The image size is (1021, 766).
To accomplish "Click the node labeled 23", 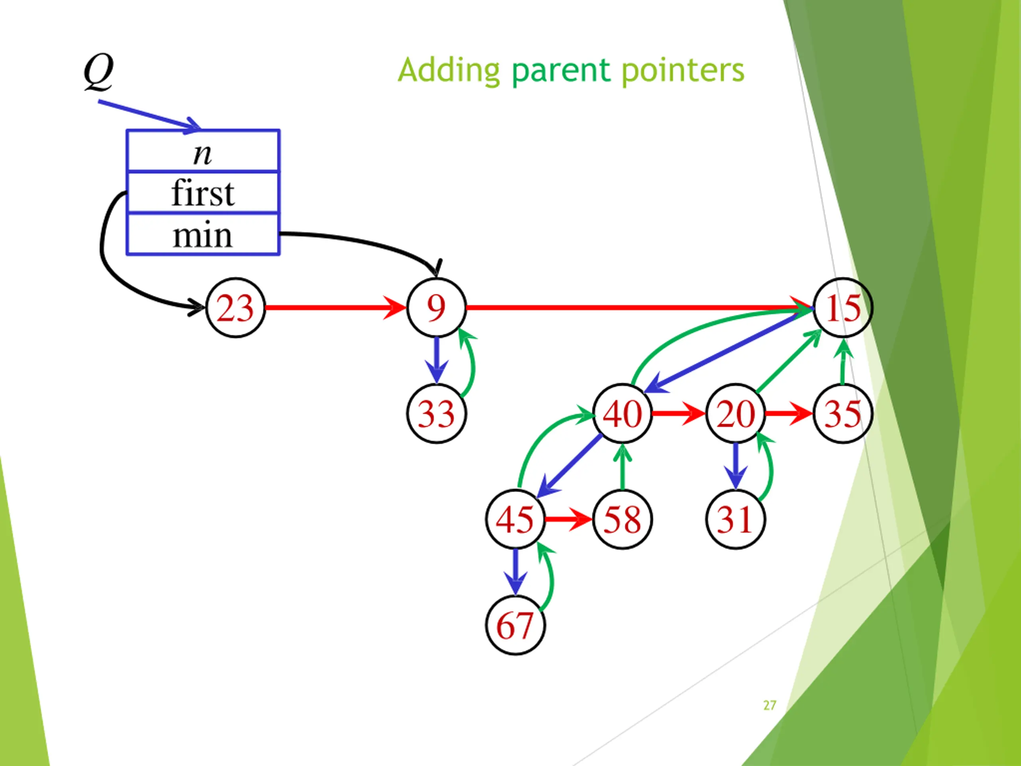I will [235, 308].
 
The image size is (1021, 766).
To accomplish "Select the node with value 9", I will [436, 308].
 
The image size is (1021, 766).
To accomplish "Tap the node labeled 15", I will [842, 308].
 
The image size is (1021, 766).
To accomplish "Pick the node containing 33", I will [436, 413].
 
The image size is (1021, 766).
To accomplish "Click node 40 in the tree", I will [622, 413].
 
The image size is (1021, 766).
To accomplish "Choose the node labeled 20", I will [735, 413].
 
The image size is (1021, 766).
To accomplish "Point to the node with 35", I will [842, 413].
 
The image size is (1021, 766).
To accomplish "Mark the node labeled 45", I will [515, 519].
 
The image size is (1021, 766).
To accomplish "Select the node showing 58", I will [622, 519].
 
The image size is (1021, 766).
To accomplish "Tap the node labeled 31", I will [735, 519].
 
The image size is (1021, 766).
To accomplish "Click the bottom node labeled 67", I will [515, 625].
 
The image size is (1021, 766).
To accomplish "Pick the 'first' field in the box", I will [203, 193].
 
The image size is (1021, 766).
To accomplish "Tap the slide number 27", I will [769, 705].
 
